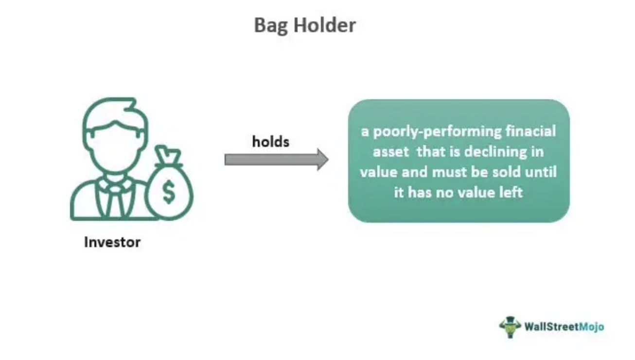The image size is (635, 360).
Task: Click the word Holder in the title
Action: tap(325, 25)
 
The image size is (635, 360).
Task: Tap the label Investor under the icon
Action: tap(112, 242)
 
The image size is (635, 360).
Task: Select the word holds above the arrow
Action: tap(271, 141)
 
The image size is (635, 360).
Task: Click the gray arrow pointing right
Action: tap(276, 160)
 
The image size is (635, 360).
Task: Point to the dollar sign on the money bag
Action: tap(169, 192)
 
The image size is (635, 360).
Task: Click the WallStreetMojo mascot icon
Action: tap(510, 327)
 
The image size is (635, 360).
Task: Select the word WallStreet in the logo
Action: tap(551, 326)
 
